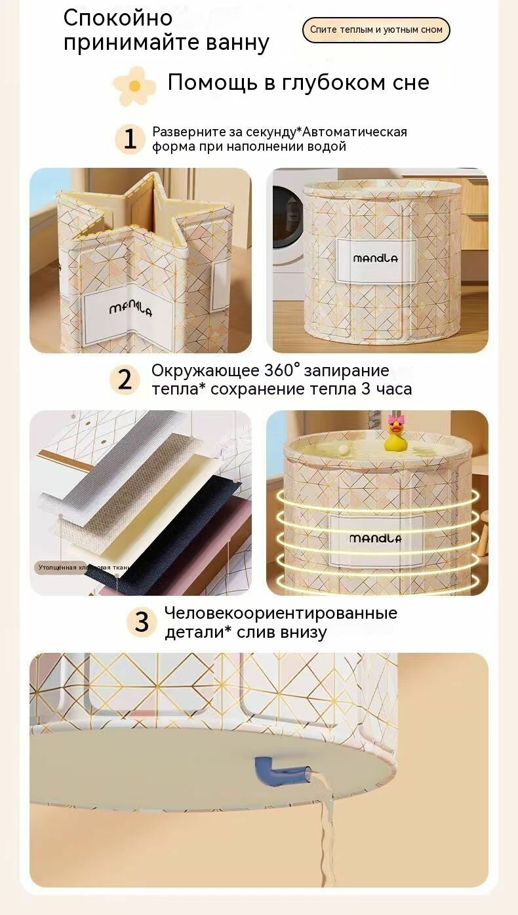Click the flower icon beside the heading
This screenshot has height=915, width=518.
coord(134,86)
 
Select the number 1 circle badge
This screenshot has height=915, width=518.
coord(130,139)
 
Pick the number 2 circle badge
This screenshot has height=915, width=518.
coord(125,380)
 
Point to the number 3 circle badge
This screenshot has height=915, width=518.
coord(142,622)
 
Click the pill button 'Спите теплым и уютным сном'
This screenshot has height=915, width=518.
coord(376,30)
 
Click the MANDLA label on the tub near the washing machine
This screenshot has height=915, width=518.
coord(376,258)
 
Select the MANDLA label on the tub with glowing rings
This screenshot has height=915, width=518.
coord(375,538)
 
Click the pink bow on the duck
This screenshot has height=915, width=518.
coord(397,419)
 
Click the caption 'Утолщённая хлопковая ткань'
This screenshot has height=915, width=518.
coord(83,567)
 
